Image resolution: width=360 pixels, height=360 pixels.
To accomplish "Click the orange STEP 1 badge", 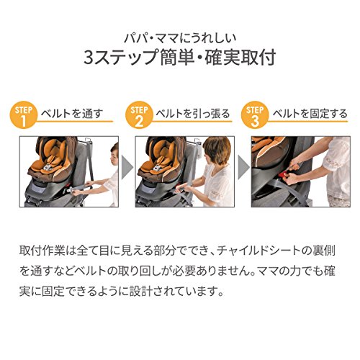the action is tap(24, 115).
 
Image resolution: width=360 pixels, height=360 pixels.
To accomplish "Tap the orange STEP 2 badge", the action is tap(139, 115).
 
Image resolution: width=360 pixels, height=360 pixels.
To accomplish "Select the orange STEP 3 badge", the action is tap(255, 115).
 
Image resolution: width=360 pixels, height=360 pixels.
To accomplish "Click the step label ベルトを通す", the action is tap(72, 114).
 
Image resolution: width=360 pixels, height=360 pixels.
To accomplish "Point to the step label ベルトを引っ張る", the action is tap(193, 114).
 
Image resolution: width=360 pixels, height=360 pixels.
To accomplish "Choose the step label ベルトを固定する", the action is tap(310, 114).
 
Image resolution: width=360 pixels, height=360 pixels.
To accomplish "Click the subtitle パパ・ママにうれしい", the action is tap(180, 38).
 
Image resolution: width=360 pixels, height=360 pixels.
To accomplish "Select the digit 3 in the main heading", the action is tap(89, 58).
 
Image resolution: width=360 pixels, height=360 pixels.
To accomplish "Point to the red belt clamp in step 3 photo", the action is tap(287, 174).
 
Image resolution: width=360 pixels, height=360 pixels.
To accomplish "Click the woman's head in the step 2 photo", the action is tap(217, 150).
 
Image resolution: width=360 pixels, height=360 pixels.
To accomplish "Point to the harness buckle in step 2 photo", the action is tap(158, 168).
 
